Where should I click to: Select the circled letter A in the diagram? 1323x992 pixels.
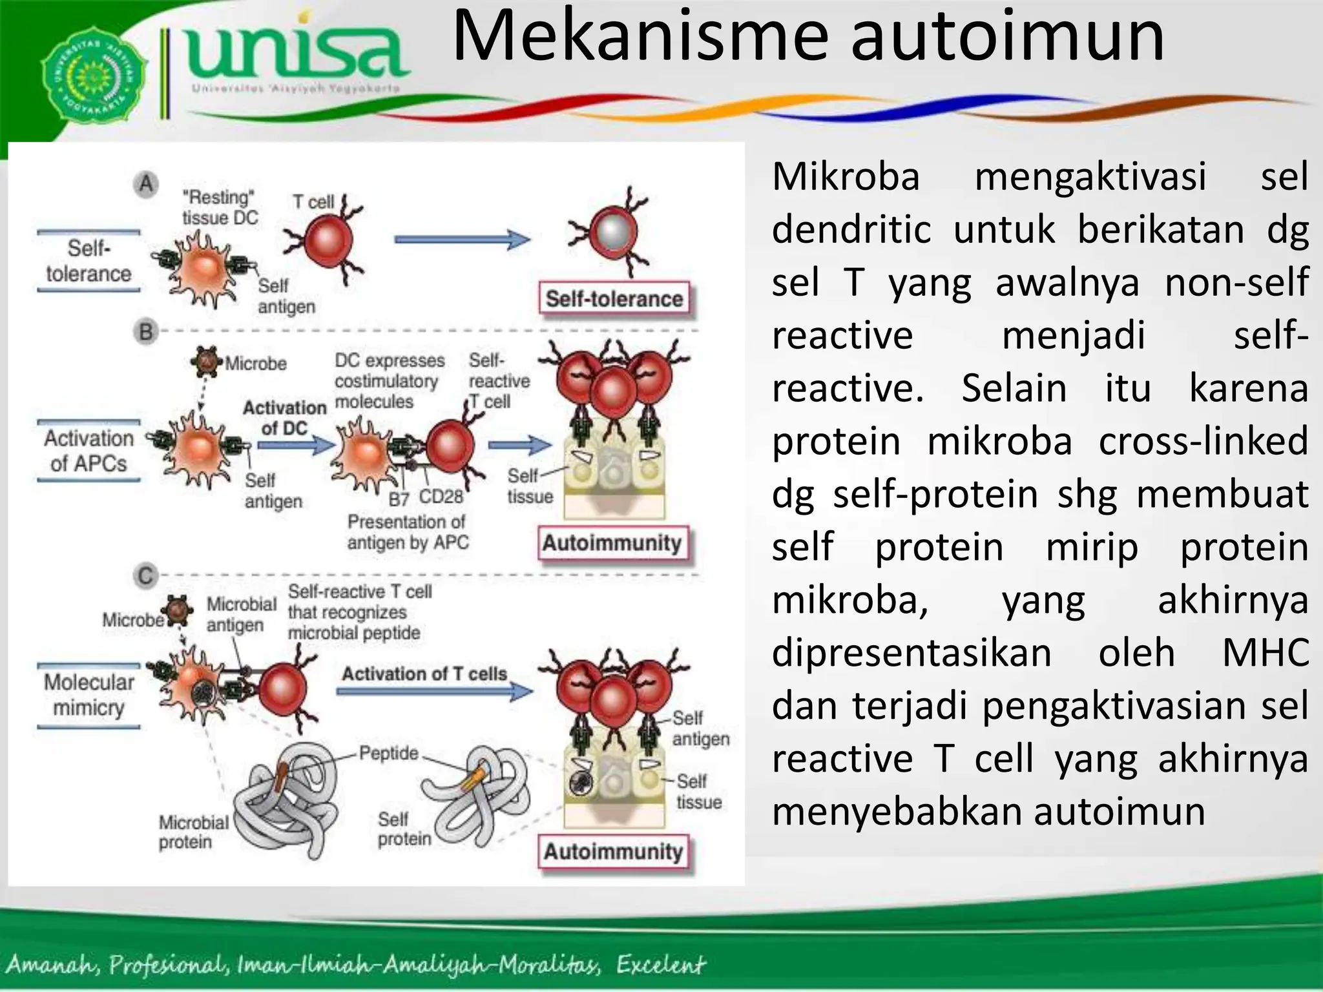point(147,185)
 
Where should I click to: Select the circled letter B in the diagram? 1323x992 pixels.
point(146,332)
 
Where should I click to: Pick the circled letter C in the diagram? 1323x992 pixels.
point(146,575)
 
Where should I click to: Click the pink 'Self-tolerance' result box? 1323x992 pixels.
point(614,299)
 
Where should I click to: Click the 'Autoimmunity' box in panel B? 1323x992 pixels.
point(612,543)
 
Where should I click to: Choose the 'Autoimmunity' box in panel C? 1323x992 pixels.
point(613,852)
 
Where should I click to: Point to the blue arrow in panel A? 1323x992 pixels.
point(461,240)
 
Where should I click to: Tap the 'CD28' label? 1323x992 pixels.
point(441,497)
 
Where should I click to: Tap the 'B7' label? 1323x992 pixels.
point(399,499)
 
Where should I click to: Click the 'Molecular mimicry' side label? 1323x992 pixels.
point(89,695)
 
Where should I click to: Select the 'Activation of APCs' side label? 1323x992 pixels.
point(89,451)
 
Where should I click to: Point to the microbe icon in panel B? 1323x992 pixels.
point(207,362)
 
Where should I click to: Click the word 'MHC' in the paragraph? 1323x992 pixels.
point(1266,652)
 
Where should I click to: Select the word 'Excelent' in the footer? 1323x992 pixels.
point(660,965)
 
